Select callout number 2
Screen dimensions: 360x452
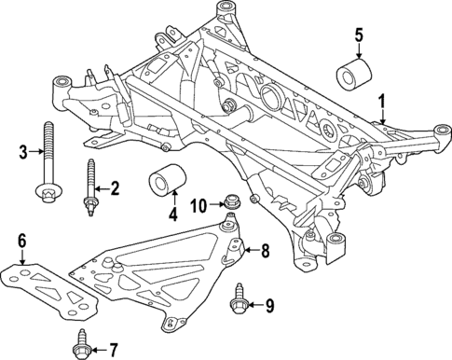point(115,190)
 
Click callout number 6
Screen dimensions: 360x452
point(21,243)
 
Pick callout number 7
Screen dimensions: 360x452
point(115,352)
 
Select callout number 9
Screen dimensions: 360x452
point(270,305)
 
